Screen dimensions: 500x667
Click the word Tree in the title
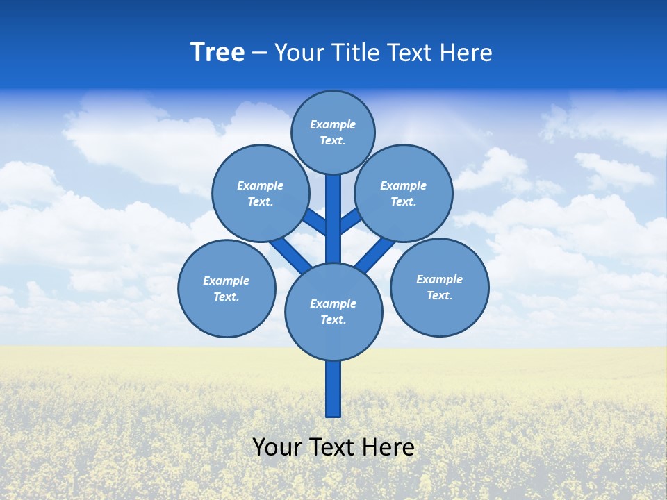[217, 52]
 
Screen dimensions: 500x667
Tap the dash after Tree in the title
[259, 53]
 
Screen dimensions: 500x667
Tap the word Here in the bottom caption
[389, 447]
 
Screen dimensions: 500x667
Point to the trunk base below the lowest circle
[333, 389]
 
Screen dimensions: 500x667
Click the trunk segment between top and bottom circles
[333, 219]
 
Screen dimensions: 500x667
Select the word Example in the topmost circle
[333, 125]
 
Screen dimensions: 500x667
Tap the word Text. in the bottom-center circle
[333, 320]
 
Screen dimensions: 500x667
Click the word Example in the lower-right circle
[439, 280]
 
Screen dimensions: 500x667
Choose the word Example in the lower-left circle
[226, 281]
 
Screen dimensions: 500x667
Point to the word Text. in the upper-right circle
[403, 202]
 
